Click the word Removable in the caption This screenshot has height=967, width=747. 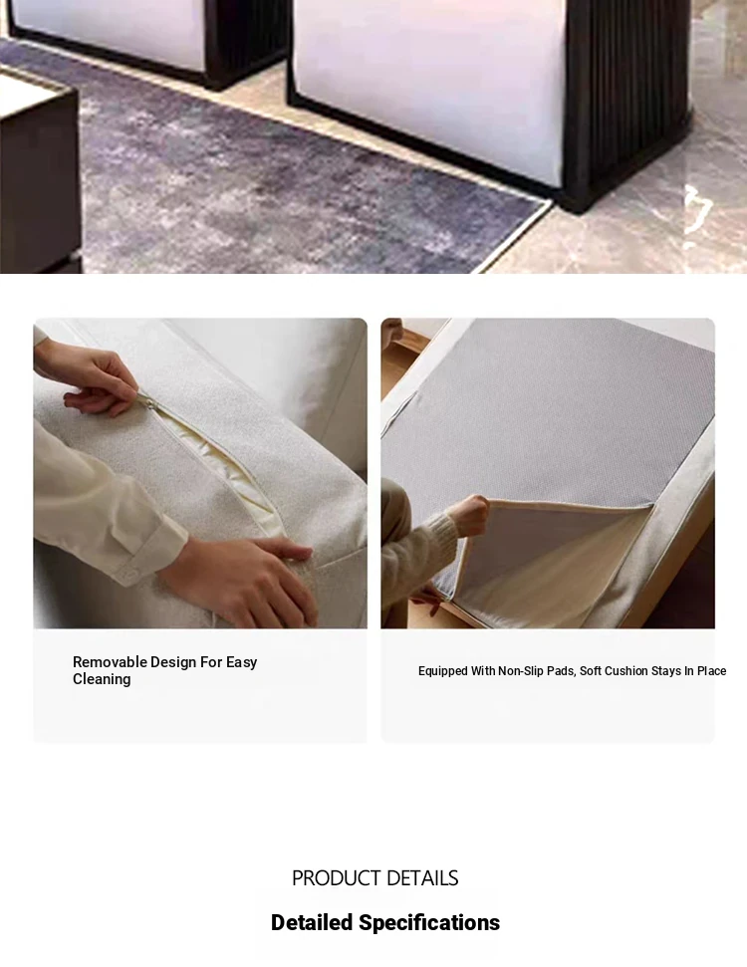click(110, 662)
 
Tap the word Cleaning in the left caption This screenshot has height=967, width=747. click(102, 679)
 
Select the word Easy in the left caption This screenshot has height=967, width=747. click(241, 663)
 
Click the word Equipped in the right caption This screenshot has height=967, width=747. click(443, 671)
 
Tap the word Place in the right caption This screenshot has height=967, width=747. click(712, 671)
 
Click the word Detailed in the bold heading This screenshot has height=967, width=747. click(312, 922)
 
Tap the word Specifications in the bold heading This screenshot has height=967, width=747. click(429, 923)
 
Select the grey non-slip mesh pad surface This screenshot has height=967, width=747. click(549, 419)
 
